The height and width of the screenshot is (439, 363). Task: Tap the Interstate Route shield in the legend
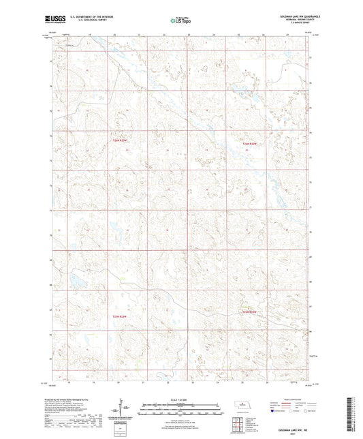(x=274, y=411)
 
